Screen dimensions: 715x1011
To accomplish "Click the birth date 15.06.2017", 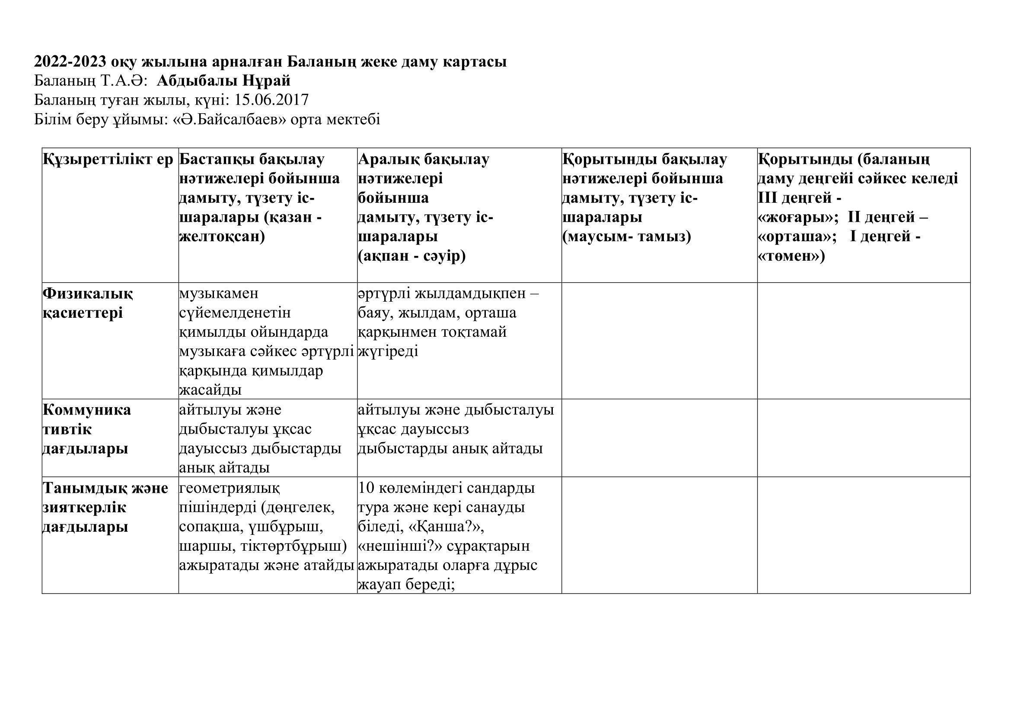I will (271, 100).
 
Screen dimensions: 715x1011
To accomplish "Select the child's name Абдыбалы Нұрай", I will (224, 81).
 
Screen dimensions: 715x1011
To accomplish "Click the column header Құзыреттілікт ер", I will (108, 160).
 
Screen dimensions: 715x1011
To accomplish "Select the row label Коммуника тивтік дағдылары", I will (87, 429).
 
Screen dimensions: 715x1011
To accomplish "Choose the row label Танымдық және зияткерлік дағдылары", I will (105, 507).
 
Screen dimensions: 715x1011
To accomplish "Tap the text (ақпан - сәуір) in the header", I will (412, 256).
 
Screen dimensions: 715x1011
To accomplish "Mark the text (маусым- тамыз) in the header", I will (627, 236).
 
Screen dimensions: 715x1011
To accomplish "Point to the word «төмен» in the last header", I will (791, 256).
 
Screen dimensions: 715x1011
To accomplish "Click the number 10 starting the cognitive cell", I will (367, 488).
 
